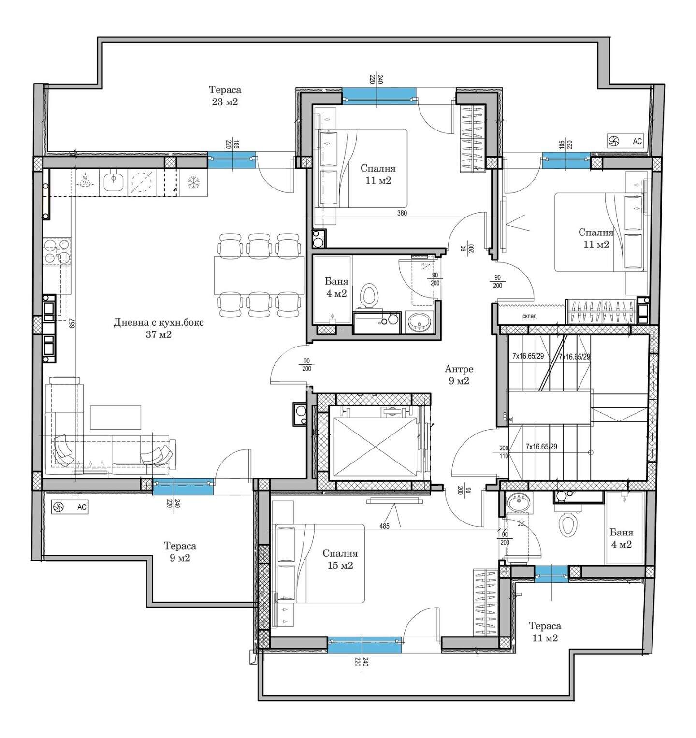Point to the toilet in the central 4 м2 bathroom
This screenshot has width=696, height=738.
tap(370, 295)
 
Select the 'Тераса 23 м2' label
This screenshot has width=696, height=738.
tap(225, 96)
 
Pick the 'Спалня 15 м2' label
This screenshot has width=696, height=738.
tap(340, 559)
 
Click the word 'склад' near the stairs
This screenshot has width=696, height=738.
tap(530, 316)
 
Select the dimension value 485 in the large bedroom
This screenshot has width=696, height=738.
tap(385, 525)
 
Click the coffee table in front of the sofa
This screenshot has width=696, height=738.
tap(116, 418)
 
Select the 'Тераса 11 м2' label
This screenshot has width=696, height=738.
tap(545, 632)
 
